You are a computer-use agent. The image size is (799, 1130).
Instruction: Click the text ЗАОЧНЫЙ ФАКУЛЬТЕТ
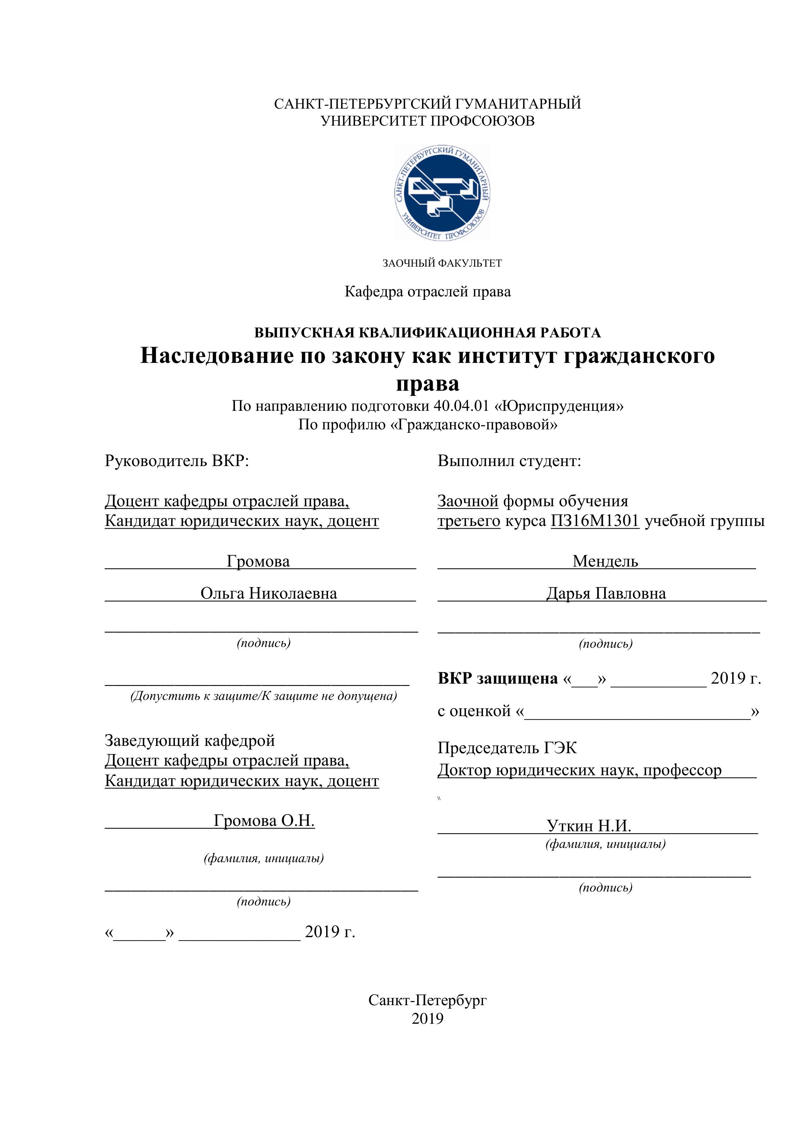tap(442, 263)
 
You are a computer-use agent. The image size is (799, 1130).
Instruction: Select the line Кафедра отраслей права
tap(428, 292)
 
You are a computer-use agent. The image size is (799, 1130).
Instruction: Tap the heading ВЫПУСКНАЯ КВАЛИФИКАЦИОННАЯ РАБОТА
tap(427, 333)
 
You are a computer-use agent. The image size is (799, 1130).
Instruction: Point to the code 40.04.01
tap(461, 406)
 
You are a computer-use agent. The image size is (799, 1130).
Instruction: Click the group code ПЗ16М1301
tap(594, 521)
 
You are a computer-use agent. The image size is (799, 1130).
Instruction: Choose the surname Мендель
tap(605, 561)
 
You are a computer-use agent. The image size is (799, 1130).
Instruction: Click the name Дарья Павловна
tap(606, 594)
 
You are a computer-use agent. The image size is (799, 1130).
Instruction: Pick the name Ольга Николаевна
tap(269, 594)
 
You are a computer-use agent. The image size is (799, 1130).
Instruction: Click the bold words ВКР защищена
tap(497, 679)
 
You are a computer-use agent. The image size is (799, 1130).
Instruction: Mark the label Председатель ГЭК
tap(507, 749)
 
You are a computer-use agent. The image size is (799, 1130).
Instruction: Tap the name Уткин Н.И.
tap(588, 825)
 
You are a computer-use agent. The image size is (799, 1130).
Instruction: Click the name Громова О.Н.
tap(264, 820)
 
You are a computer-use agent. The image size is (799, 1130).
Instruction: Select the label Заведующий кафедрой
tap(190, 741)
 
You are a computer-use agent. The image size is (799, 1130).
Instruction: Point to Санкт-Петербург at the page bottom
tap(427, 1000)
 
